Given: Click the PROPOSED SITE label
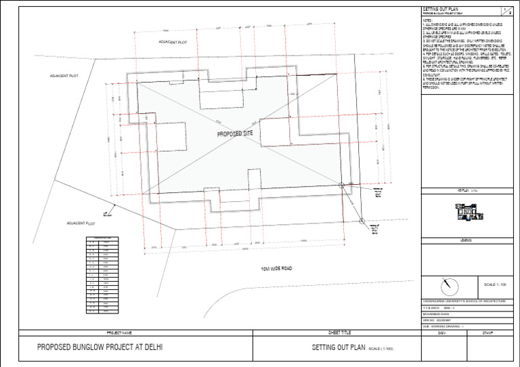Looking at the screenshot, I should tap(234, 134).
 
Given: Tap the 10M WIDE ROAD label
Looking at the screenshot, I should tap(276, 269).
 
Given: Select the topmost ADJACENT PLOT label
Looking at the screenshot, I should tap(172, 42).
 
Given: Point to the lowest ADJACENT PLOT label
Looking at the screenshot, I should tap(80, 223).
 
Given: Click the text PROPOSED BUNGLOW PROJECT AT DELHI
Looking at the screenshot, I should tap(100, 347).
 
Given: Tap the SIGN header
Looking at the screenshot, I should tap(441, 333).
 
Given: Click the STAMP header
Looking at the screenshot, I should tap(487, 333).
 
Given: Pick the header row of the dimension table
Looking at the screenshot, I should tap(99, 238).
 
